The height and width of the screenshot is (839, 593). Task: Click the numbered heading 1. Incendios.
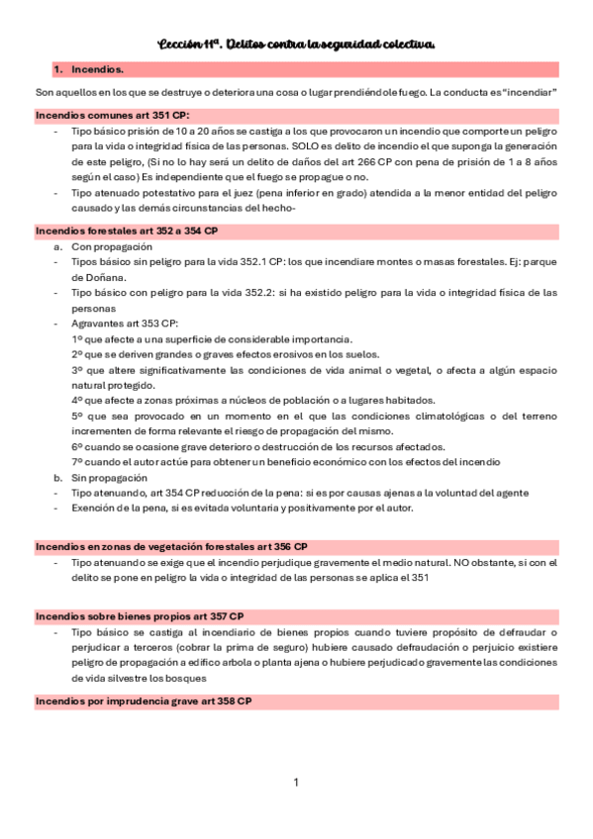[x=89, y=70]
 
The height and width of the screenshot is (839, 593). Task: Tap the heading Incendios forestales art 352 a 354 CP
[x=126, y=230]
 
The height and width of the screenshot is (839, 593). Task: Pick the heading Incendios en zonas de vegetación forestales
[x=170, y=546]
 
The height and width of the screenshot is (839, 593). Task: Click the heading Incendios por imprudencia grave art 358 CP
[x=143, y=700]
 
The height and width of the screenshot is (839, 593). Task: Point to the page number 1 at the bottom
[x=295, y=783]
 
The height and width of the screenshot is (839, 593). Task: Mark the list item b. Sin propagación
[x=98, y=476]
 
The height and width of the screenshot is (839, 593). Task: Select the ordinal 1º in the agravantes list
[x=77, y=338]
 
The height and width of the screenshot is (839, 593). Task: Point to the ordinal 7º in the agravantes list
[x=77, y=461]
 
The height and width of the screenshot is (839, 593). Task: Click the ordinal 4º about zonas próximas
[x=77, y=400]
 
